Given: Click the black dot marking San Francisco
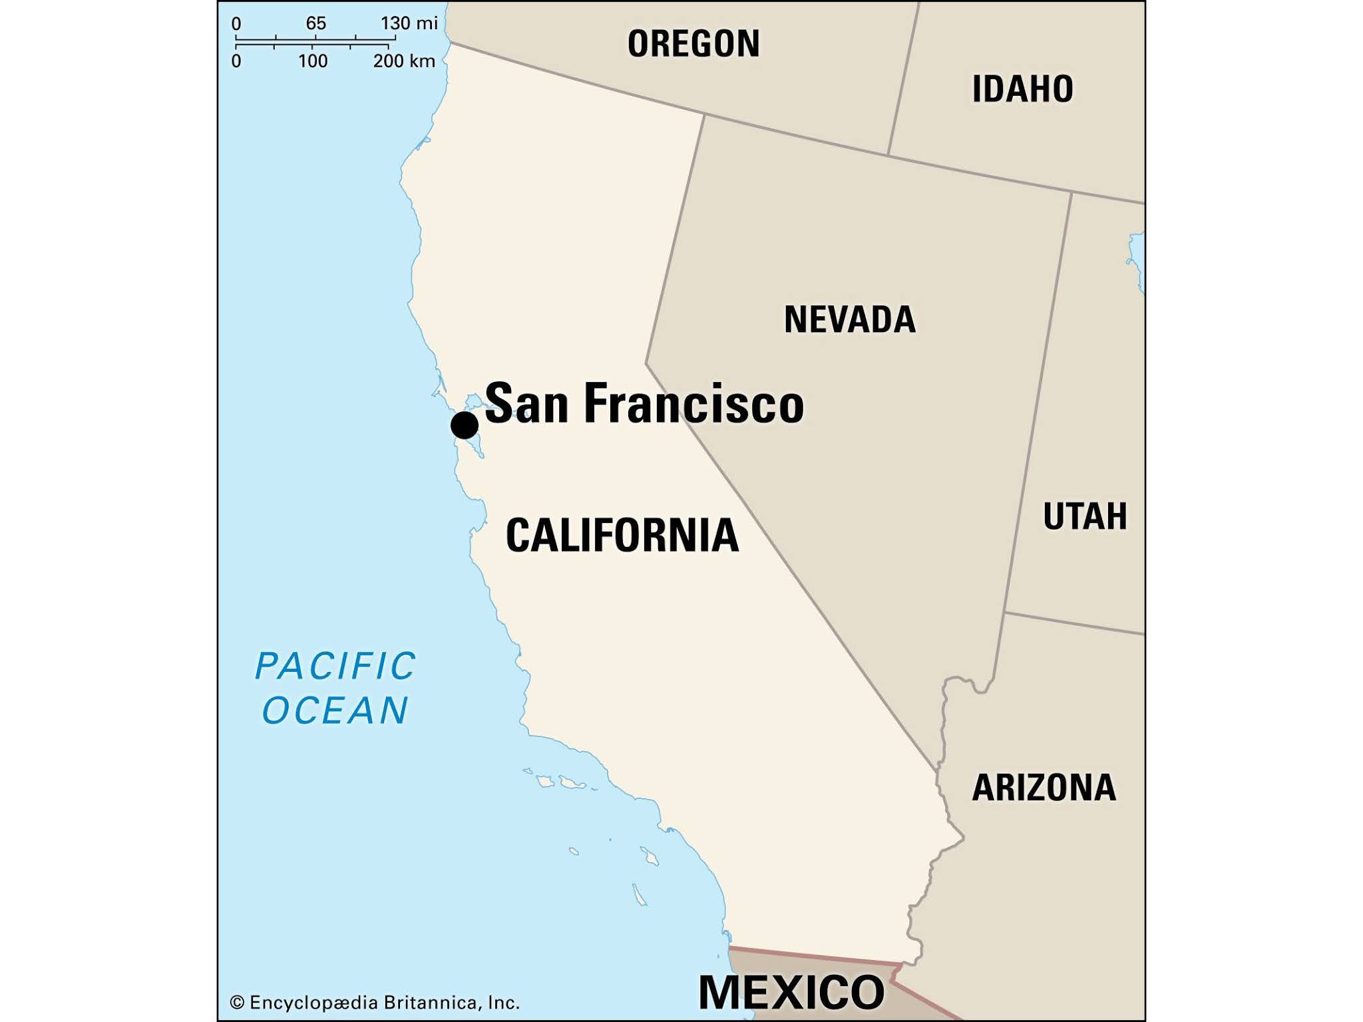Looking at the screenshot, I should pos(464,425).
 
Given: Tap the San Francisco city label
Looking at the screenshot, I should pos(644,403).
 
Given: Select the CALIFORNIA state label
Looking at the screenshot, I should pos(622,535).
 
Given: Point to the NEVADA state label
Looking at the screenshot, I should pos(849,319).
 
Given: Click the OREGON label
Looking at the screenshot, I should pos(693,44).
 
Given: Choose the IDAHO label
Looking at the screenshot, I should pos(1022,89).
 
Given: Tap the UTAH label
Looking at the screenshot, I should pos(1085,516).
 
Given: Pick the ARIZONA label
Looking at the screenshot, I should pos(1044,788).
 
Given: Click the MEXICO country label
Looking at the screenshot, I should pos(791,993).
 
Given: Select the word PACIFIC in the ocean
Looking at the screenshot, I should pos(335,666).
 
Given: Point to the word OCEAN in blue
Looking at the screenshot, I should pos(335,710).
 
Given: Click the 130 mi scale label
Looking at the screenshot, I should pos(409,23).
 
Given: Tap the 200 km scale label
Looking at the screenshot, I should pos(403,61).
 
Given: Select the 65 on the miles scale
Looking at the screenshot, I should pos(315,23).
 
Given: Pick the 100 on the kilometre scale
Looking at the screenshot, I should pos(313,61).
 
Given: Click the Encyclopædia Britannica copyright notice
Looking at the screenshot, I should pos(374,1003).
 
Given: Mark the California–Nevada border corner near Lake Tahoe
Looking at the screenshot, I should pos(646,363).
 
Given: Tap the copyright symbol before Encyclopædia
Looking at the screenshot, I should pos(237,1003).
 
